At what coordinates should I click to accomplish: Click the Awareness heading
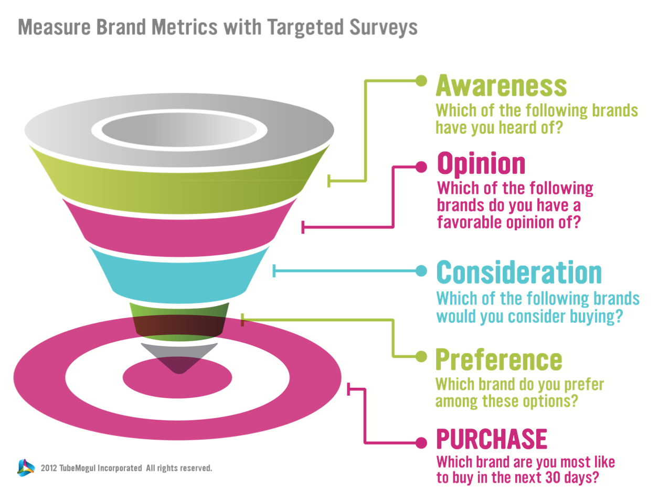[x=501, y=85]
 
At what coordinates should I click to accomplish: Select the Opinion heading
[x=481, y=163]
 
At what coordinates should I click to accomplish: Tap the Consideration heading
[x=519, y=272]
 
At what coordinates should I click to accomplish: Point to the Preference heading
[x=498, y=360]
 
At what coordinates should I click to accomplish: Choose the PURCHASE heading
[x=492, y=439]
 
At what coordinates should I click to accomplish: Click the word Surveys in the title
[x=384, y=28]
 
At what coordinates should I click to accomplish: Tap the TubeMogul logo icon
[x=26, y=467]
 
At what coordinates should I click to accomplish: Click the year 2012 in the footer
[x=49, y=468]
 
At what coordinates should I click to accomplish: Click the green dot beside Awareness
[x=421, y=81]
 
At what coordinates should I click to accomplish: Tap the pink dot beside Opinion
[x=421, y=167]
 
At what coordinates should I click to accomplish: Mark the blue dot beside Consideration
[x=421, y=271]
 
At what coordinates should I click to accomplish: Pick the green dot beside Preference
[x=421, y=356]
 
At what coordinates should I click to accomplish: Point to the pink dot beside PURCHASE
[x=421, y=443]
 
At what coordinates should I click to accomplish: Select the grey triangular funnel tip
[x=179, y=356]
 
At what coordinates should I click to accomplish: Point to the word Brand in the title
[x=121, y=27]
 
